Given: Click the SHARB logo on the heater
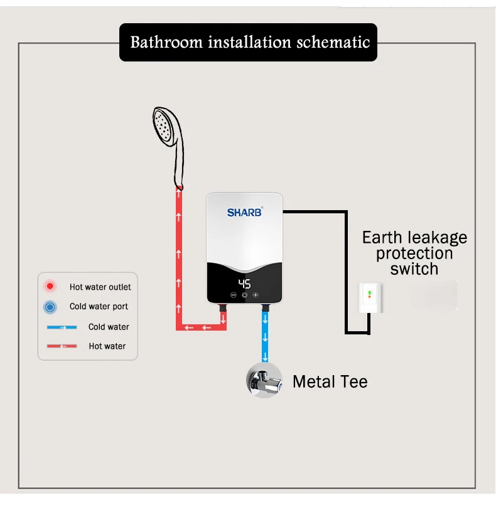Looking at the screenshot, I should pos(244,212).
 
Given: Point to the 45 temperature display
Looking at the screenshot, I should pos(244,283).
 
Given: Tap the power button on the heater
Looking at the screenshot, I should pos(244,295).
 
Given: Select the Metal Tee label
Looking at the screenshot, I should pos(330,381).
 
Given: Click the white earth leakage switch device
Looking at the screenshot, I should pos(369,299).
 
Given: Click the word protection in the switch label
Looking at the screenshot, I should pos(414,253).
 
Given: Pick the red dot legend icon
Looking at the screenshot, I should pos(49,287).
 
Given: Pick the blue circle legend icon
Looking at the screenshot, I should pos(49,307).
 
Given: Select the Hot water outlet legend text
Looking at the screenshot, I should pos(100,287).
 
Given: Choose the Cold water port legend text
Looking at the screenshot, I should pos(99,307).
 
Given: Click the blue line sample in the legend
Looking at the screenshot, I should pos(61,327).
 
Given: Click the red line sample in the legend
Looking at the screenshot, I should pos(61,346).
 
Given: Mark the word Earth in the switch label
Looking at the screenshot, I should pos(382,238).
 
